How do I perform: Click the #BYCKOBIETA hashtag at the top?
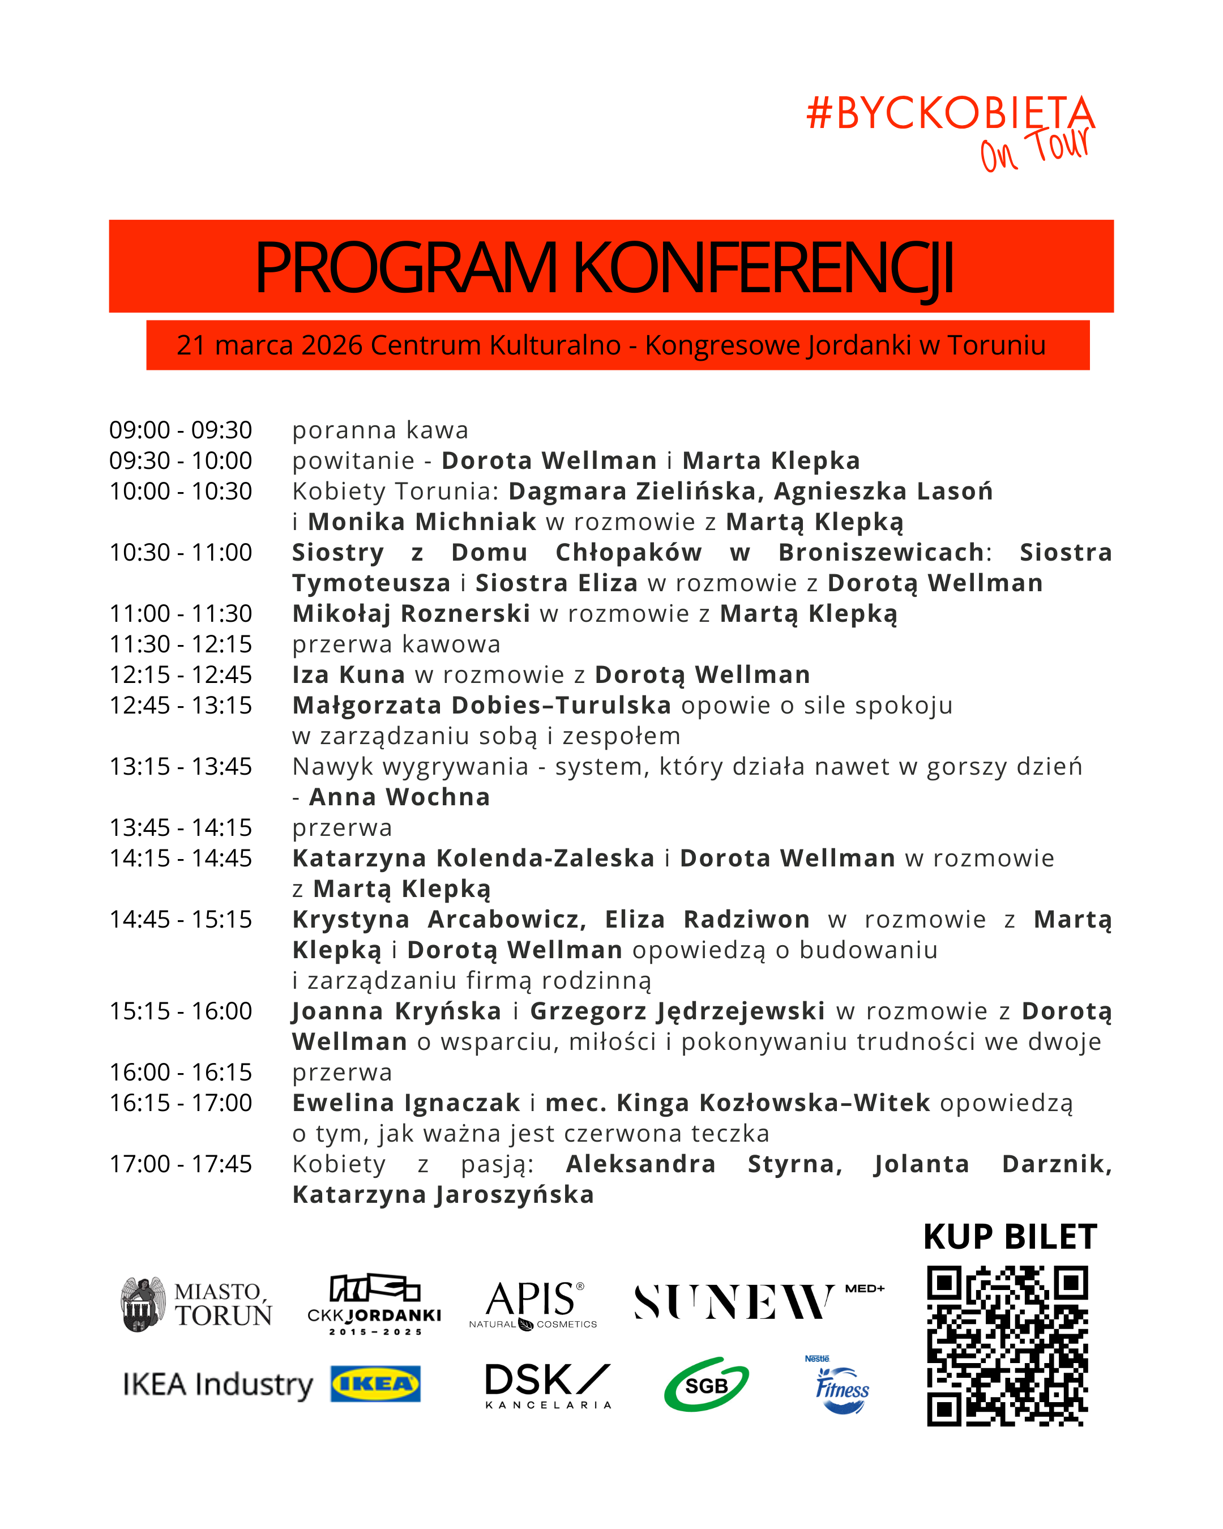pyautogui.click(x=950, y=113)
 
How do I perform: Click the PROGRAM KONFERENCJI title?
pyautogui.click(x=604, y=267)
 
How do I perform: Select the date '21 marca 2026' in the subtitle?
pyautogui.click(x=269, y=345)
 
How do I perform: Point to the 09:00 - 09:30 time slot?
pyautogui.click(x=180, y=430)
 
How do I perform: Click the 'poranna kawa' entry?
pyautogui.click(x=380, y=430)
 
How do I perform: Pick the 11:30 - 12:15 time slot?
pyautogui.click(x=180, y=644)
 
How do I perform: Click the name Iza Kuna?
pyautogui.click(x=348, y=675)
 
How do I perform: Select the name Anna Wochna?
pyautogui.click(x=399, y=797)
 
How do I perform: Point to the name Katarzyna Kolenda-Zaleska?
pyautogui.click(x=473, y=858)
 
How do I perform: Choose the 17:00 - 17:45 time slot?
pyautogui.click(x=180, y=1164)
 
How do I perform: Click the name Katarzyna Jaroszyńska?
pyautogui.click(x=443, y=1194)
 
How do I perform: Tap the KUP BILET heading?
pyautogui.click(x=1010, y=1237)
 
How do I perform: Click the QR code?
pyautogui.click(x=1007, y=1346)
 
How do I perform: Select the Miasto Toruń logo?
pyautogui.click(x=196, y=1305)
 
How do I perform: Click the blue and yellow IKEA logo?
pyautogui.click(x=375, y=1383)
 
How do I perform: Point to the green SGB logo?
pyautogui.click(x=706, y=1385)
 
